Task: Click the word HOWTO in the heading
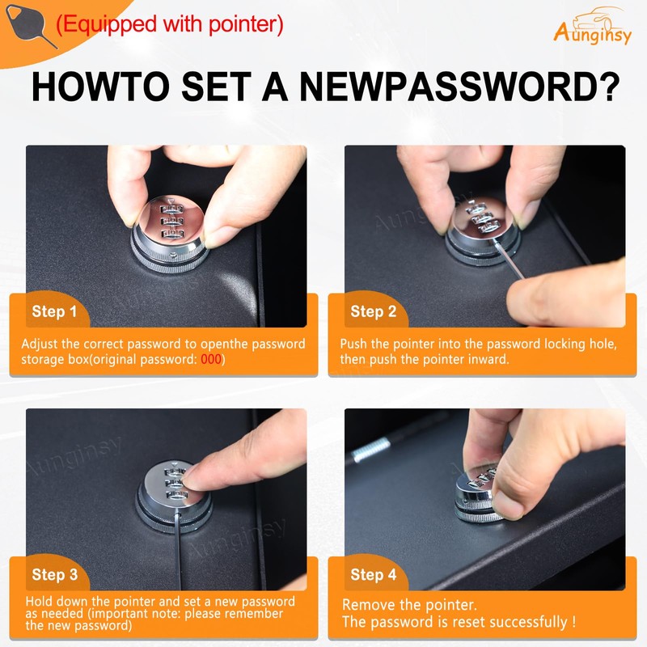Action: pos(100,87)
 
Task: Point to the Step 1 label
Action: pos(54,311)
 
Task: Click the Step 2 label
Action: pos(374,311)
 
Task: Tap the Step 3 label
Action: pos(55,575)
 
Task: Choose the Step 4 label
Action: pos(374,575)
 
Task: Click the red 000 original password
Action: pos(211,359)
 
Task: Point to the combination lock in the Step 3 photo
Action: pos(174,496)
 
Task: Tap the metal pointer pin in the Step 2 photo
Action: pos(509,259)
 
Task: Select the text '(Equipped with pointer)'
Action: pos(170,24)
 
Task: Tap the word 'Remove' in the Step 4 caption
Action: pos(366,605)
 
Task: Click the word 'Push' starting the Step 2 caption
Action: pos(353,345)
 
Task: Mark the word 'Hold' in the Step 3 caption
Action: pos(39,601)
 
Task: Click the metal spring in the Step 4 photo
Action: pos(370,450)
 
